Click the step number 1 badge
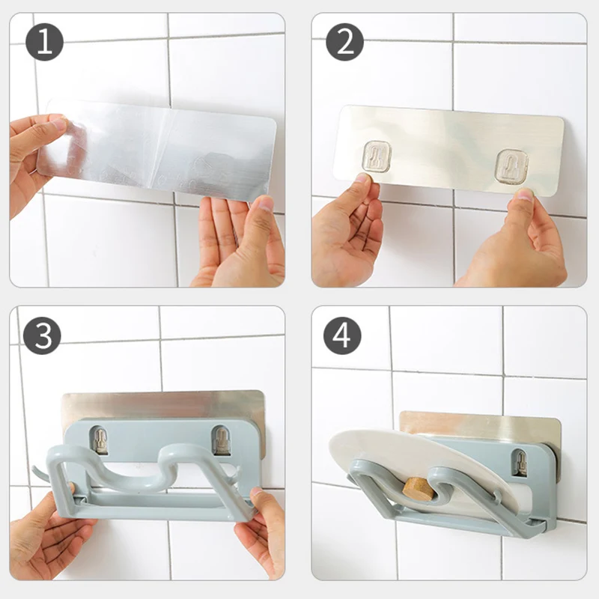pyautogui.click(x=44, y=42)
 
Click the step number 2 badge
pyautogui.click(x=344, y=42)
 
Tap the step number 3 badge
pyautogui.click(x=42, y=335)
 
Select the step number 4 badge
pyautogui.click(x=342, y=335)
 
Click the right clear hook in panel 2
pyautogui.click(x=511, y=165)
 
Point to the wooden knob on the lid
pyautogui.click(x=417, y=489)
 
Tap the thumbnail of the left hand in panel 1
pyautogui.click(x=58, y=124)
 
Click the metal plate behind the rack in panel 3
pyautogui.click(x=163, y=406)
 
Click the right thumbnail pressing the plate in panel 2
pyautogui.click(x=525, y=196)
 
